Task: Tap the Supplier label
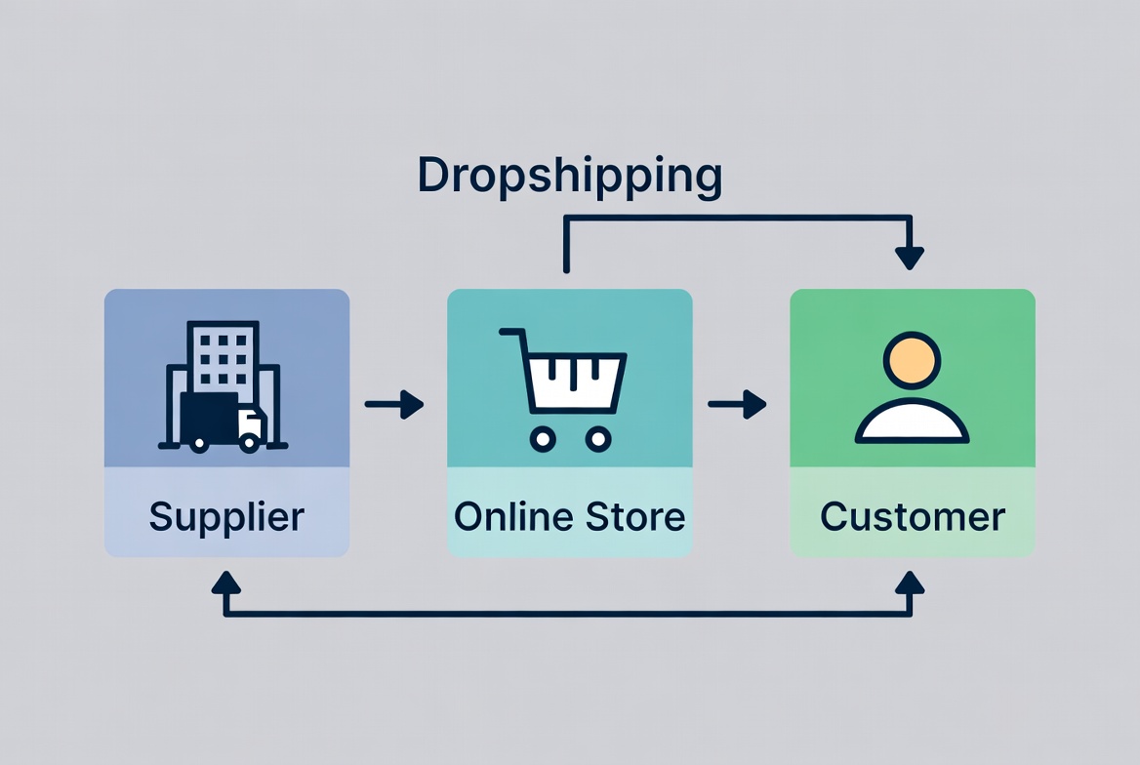226,515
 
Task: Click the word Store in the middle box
634,515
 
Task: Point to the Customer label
913,515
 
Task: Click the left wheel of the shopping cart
542,439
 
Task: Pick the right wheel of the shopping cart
597,439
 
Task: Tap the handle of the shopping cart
509,334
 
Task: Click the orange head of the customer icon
912,358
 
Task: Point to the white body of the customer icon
912,423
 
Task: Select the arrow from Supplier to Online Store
394,403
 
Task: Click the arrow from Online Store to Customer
738,403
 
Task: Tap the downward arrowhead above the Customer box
910,257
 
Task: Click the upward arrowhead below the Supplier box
226,583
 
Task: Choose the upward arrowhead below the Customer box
910,583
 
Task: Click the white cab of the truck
252,423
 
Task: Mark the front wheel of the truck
250,444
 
